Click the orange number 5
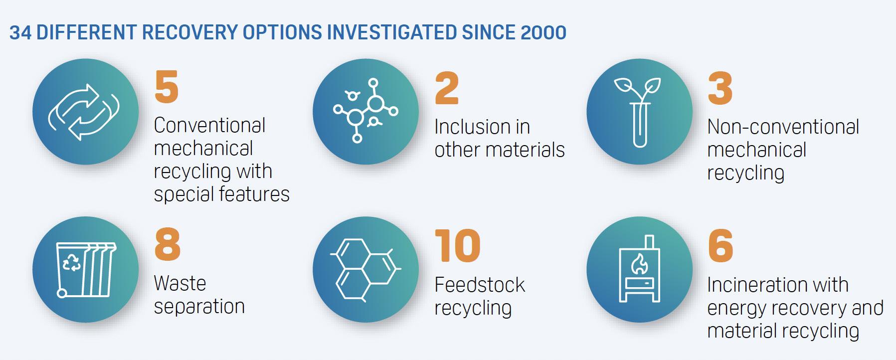point(167,87)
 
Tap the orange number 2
point(447,88)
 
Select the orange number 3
point(720,88)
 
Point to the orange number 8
point(168,245)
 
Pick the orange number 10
point(458,246)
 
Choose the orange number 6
point(720,246)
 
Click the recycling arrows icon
point(84,112)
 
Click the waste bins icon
point(86,270)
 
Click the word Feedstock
point(480,285)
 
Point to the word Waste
point(180,283)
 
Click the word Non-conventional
point(783,127)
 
